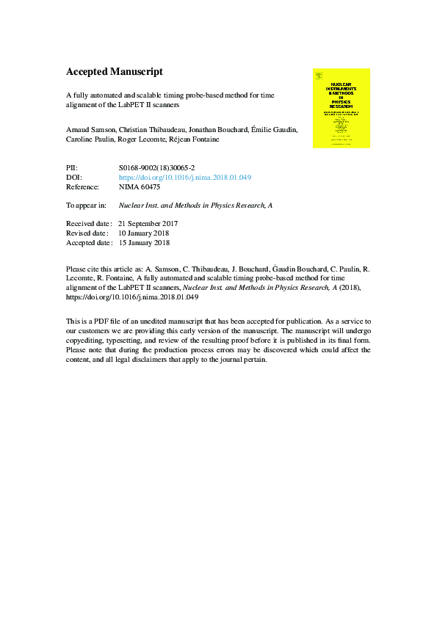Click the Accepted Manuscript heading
pos(114,72)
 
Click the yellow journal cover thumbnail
pos(341,108)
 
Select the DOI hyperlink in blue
pos(185,178)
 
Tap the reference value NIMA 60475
pos(139,187)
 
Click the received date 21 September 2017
pos(148,223)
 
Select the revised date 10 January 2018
pos(143,233)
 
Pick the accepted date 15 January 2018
pos(143,242)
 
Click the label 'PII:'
pos(72,168)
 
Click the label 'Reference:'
pos(82,187)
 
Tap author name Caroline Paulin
pos(89,139)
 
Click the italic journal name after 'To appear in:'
pos(196,206)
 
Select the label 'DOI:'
pos(73,178)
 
